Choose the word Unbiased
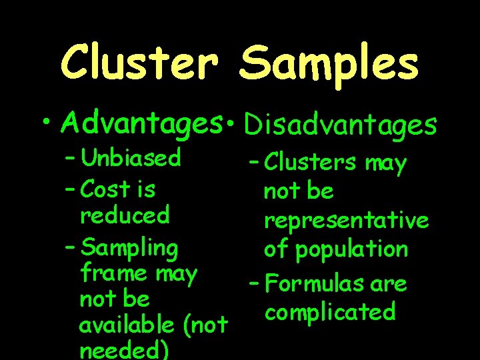coord(130,158)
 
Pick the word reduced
coord(125,215)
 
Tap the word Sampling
coord(129,249)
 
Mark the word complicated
coord(329,312)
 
